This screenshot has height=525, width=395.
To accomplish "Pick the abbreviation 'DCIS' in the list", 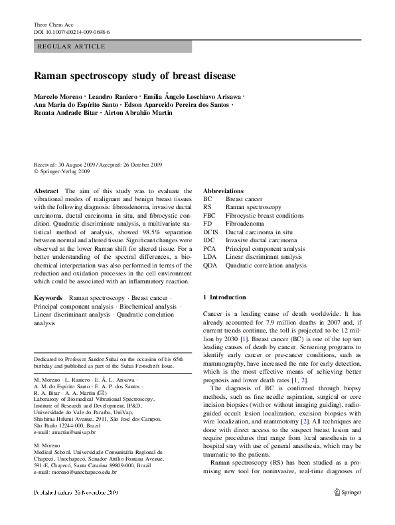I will tap(211, 232).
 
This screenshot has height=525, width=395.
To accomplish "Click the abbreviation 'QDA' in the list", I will tap(210, 265).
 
